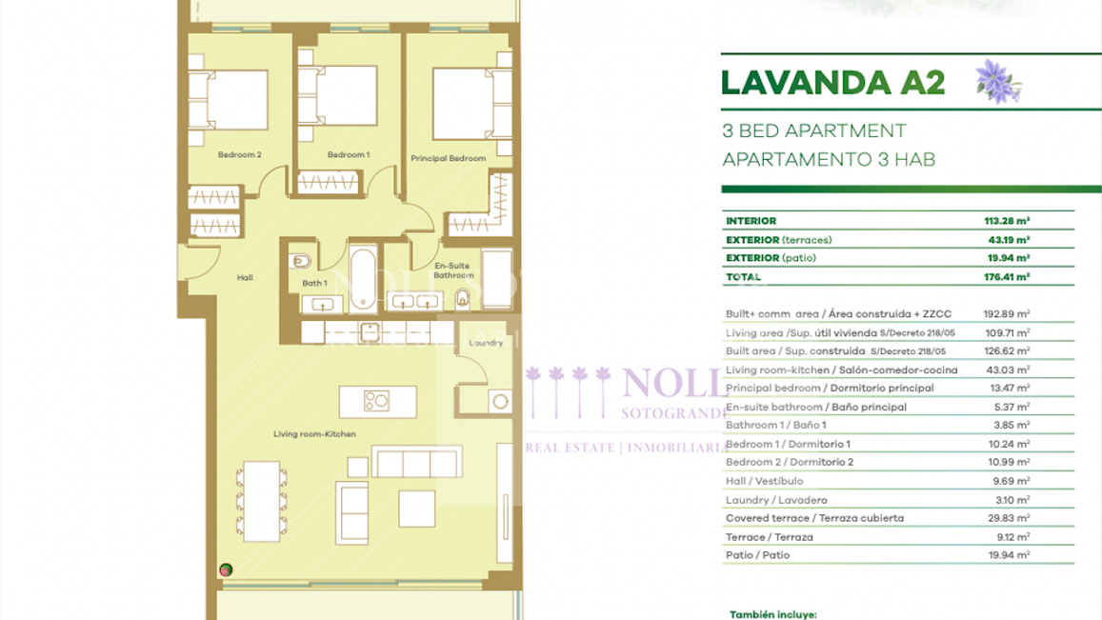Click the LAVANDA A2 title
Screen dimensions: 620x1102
832,83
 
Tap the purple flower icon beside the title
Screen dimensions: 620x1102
997,82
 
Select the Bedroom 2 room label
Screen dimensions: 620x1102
239,154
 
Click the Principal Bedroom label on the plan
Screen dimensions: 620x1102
448,158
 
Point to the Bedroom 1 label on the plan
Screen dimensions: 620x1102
349,154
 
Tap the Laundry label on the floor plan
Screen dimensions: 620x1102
486,343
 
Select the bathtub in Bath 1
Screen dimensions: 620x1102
362,279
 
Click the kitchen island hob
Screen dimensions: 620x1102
376,401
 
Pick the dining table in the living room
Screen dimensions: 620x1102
260,500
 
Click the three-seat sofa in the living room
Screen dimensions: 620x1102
416,463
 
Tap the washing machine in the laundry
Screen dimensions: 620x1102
500,401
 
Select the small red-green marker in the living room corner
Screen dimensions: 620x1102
226,570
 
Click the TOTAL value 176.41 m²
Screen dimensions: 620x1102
1007,277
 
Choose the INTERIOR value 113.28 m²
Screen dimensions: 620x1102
1007,221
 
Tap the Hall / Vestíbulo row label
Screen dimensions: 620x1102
764,481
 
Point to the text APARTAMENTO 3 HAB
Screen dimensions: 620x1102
828,159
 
